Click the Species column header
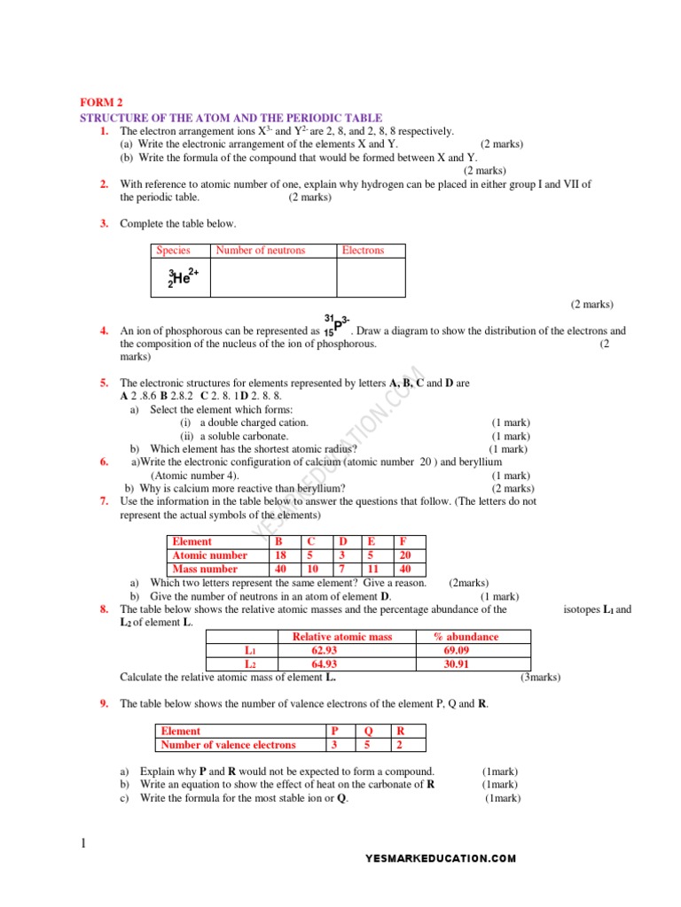[x=173, y=251]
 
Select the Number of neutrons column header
[x=260, y=251]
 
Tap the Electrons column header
[x=363, y=251]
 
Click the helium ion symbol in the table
[x=183, y=277]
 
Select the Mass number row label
[x=205, y=570]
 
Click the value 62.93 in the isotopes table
[x=325, y=650]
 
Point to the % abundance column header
[x=466, y=637]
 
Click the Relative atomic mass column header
[x=341, y=637]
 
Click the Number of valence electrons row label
[x=228, y=745]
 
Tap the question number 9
[x=104, y=704]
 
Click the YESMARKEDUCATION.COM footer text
[x=440, y=858]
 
